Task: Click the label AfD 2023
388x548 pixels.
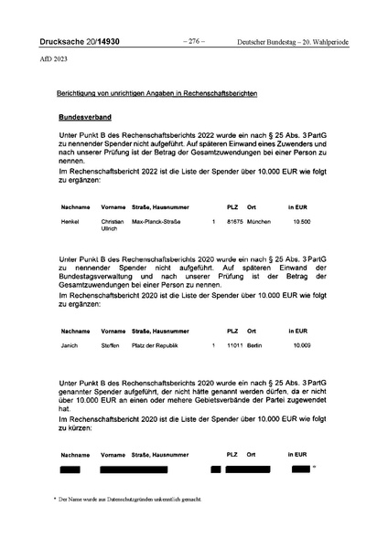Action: coord(53,60)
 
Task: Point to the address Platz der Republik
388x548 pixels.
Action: coord(160,345)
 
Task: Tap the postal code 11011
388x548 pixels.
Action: coord(234,345)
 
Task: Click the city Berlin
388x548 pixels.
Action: coord(253,345)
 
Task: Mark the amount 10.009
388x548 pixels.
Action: coord(301,345)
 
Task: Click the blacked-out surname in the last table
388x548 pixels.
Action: coord(70,469)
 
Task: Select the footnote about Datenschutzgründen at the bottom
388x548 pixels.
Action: coord(127,501)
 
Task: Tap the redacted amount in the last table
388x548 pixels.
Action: coord(300,469)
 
